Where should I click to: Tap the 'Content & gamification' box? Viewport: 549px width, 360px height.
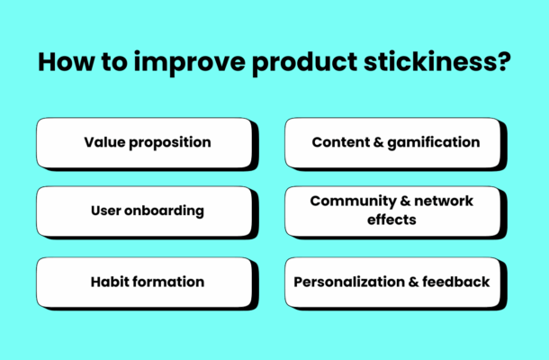[x=394, y=142]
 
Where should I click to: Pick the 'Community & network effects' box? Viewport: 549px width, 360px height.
[x=394, y=211]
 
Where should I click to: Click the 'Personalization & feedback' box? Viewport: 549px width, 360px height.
[x=394, y=282]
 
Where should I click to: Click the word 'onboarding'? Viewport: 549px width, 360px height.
[x=166, y=211]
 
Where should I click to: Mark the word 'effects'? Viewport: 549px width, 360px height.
[x=391, y=220]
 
